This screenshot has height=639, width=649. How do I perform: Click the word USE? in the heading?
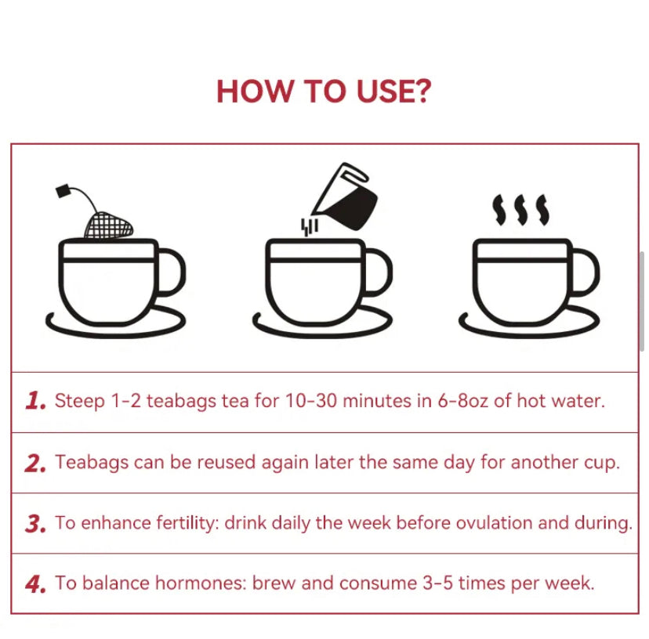click(393, 91)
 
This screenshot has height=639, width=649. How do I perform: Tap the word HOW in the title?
click(254, 91)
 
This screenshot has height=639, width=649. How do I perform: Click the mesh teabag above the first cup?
click(109, 226)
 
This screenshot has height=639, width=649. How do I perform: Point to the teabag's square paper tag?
click(63, 190)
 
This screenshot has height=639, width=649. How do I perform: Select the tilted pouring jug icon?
click(345, 197)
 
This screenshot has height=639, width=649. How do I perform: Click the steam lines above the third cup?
click(521, 210)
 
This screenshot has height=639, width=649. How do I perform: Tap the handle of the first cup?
click(172, 273)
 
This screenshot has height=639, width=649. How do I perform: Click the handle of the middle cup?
click(379, 273)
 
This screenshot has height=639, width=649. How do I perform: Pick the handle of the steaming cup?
click(586, 273)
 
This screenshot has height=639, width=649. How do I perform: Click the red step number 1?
click(34, 401)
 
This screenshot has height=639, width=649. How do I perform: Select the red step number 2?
click(34, 463)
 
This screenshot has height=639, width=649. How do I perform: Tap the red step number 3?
click(34, 524)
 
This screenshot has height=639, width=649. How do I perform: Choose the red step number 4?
click(34, 584)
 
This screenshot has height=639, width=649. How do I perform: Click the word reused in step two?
click(226, 462)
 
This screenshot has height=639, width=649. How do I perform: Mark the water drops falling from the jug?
click(309, 227)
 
